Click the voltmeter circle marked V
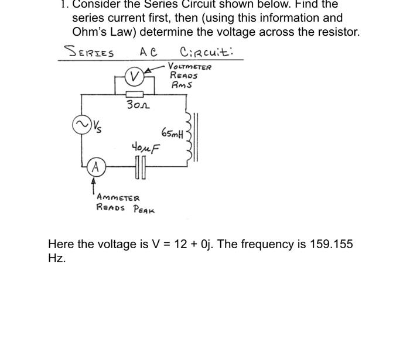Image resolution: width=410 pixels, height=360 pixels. [x=135, y=77]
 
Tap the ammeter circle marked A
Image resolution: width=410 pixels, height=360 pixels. [x=93, y=167]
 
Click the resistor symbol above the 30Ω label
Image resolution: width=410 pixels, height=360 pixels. [x=135, y=94]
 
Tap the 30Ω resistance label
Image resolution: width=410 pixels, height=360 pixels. [x=138, y=106]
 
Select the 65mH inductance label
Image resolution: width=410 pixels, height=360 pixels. [x=172, y=134]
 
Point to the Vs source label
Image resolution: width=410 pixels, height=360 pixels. [x=95, y=125]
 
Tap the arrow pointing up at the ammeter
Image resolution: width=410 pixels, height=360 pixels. [x=93, y=187]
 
